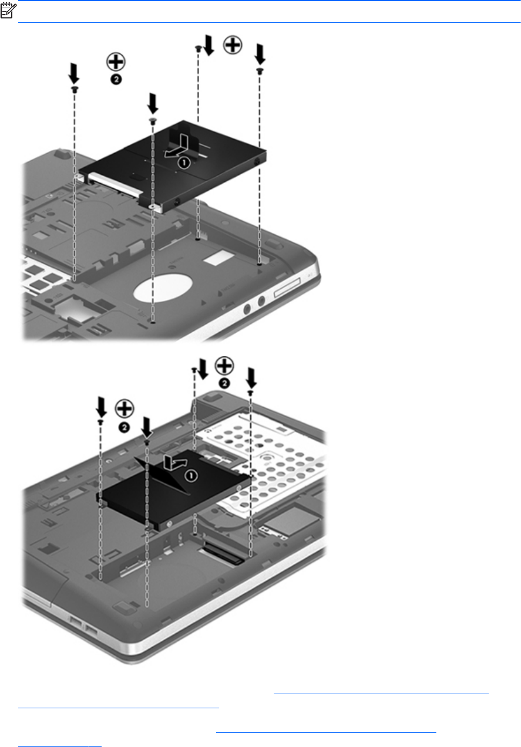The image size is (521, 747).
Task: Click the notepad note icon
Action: coord(8,11)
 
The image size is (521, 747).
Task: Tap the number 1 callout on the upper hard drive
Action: coord(184,163)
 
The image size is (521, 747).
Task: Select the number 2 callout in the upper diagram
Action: coord(116,80)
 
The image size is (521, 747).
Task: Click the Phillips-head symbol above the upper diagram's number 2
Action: coord(116,62)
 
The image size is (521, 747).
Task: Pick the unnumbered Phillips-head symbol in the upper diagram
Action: coord(233,45)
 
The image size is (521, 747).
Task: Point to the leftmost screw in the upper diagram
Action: coord(74,89)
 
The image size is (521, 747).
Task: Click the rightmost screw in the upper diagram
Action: coord(260,70)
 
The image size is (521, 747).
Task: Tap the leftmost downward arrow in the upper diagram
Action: coord(74,74)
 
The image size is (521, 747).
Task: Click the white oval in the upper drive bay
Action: coord(163,288)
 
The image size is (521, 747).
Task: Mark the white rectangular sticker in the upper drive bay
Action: coord(219,258)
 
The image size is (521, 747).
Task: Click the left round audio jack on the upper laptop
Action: coord(247,309)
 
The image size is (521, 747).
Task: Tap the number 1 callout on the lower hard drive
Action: coord(191,475)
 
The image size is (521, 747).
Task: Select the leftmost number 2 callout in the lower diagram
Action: coord(124,428)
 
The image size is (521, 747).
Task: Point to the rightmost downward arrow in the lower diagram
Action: coord(251,378)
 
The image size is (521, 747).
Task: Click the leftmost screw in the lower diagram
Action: coord(100,422)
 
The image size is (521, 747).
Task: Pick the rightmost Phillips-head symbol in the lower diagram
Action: coord(224,366)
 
